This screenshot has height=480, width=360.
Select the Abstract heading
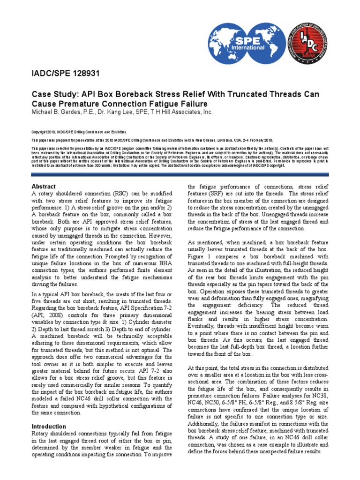coord(43,186)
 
